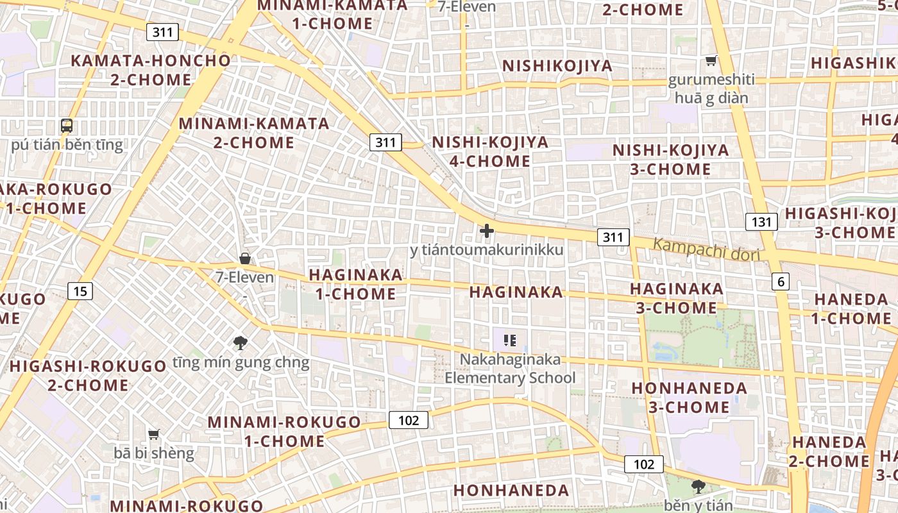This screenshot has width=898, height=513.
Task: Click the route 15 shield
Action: coord(80,292)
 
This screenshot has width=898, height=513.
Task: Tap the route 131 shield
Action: coord(761,222)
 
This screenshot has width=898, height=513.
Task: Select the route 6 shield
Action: coord(780,281)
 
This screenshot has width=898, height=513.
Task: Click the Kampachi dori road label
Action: coord(706,249)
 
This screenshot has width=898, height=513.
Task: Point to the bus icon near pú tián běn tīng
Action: coord(67,126)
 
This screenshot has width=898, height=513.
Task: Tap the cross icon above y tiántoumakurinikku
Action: coord(487,231)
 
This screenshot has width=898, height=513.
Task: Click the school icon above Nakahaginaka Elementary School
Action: coord(510,341)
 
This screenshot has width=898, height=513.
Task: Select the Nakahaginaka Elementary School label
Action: coord(511,369)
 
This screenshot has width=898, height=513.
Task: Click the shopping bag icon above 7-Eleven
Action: coord(244,258)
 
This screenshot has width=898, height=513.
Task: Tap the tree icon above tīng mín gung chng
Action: coord(241,343)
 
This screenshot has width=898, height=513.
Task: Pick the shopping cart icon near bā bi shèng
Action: coord(154,435)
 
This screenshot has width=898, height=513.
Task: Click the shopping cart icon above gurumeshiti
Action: coord(711,61)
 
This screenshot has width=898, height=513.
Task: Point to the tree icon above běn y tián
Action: coord(698,487)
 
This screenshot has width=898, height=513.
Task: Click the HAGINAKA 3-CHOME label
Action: coord(676,298)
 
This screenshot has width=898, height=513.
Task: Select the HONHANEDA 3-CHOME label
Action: coord(690,398)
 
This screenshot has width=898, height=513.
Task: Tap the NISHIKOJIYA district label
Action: coord(557,66)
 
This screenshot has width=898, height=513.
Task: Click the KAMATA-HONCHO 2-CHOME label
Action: coord(151,71)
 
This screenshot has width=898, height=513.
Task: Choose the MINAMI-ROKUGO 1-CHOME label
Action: coord(284,432)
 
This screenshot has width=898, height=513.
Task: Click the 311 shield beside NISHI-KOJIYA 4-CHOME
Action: coord(385,142)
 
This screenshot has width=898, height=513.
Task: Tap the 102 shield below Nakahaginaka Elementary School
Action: coord(409,421)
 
